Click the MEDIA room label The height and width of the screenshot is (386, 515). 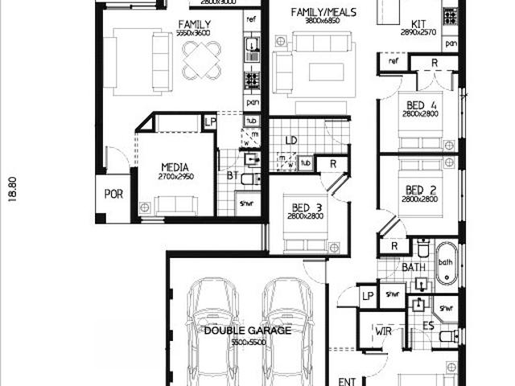[174, 166]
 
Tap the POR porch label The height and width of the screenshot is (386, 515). [113, 195]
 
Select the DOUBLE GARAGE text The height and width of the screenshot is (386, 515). [247, 331]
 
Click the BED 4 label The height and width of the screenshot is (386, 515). [421, 105]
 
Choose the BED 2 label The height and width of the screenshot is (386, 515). [421, 190]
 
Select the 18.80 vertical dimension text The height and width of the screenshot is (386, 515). [12, 191]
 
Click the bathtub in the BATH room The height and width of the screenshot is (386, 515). [446, 264]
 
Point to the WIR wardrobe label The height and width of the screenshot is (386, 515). [383, 331]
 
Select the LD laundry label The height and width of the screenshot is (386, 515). [290, 141]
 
